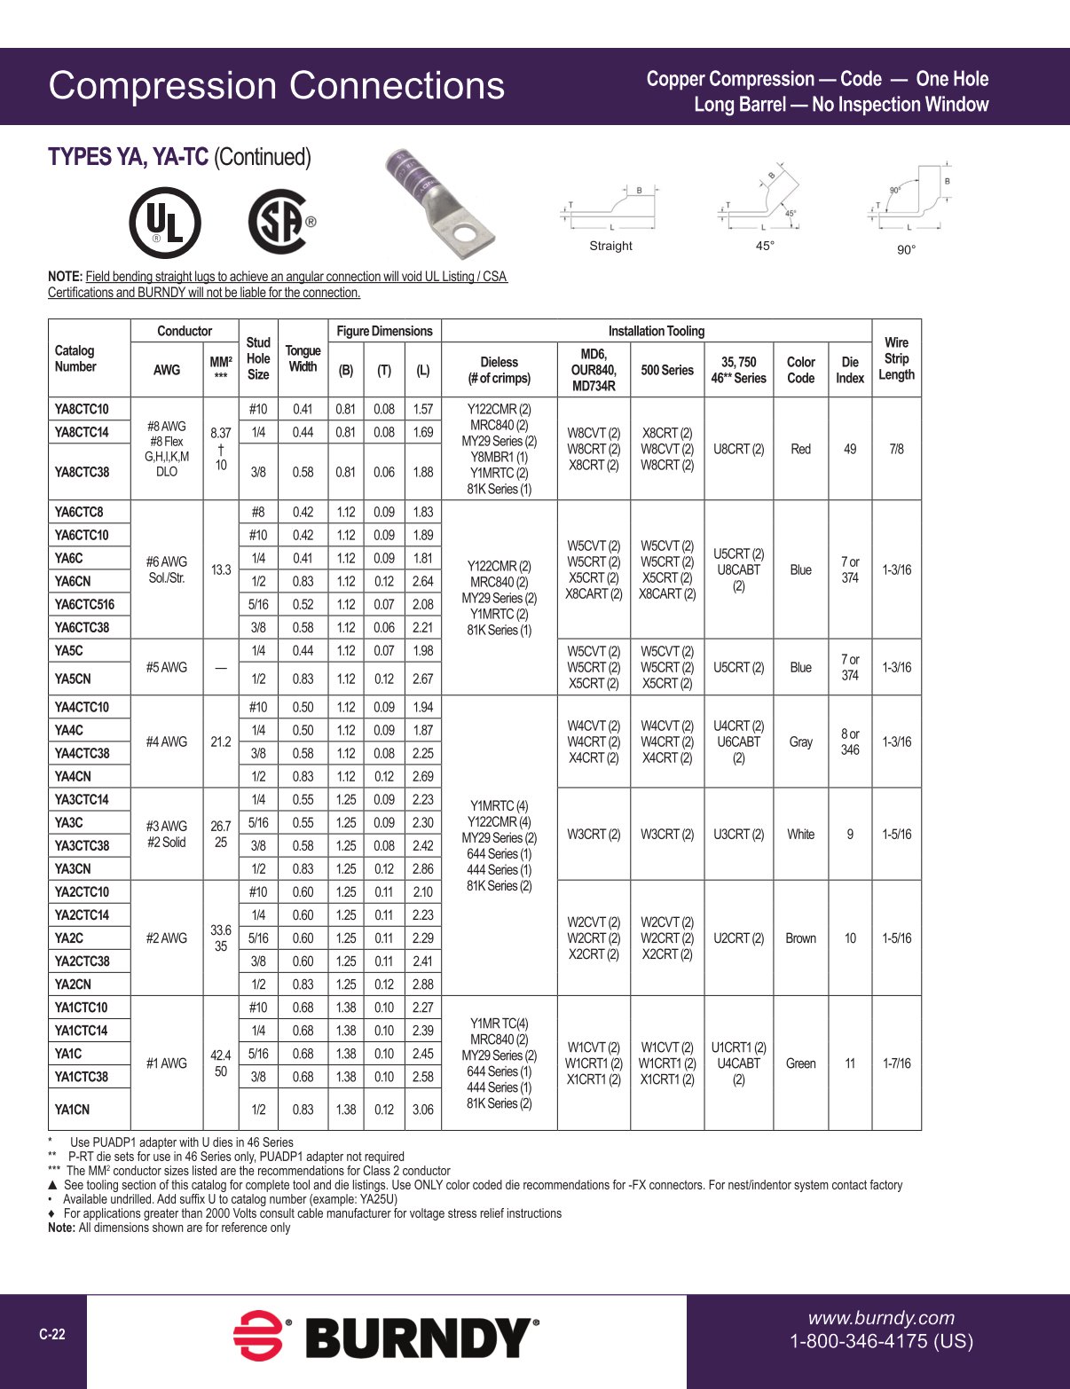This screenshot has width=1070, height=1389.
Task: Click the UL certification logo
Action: (165, 222)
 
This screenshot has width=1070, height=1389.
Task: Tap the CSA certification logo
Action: (279, 222)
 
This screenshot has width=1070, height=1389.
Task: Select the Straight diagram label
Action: (610, 246)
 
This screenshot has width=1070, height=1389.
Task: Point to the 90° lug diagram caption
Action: (906, 250)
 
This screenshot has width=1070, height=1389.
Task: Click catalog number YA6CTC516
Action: (84, 604)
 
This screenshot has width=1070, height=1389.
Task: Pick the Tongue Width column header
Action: (303, 358)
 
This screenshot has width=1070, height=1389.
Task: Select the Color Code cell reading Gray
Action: (800, 742)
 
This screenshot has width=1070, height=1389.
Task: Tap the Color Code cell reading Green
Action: (800, 1063)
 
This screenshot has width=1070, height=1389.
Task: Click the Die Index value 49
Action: (850, 449)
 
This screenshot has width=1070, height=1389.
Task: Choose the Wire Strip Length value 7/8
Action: (896, 449)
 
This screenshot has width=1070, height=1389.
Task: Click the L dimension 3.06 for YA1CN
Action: (423, 1110)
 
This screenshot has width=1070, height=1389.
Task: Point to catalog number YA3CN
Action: (73, 868)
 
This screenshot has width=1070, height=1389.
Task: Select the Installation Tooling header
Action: (656, 331)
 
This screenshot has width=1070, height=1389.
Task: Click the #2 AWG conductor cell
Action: (167, 938)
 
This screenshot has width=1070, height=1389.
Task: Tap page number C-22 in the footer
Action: (52, 1334)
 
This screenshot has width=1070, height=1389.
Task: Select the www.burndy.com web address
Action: (881, 1318)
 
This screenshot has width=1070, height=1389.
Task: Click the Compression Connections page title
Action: (276, 86)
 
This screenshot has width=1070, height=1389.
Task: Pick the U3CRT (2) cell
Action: (738, 834)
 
